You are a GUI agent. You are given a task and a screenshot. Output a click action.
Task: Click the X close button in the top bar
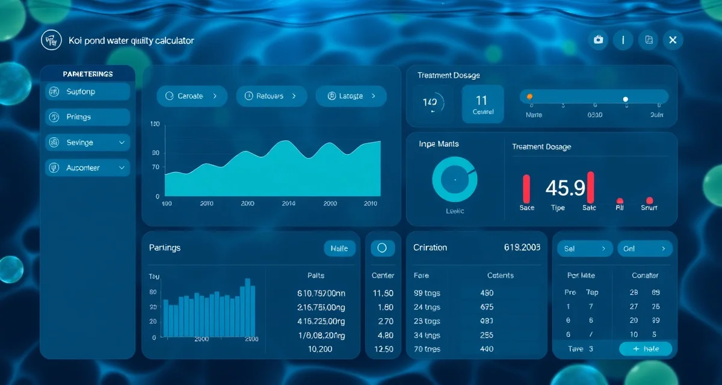673,40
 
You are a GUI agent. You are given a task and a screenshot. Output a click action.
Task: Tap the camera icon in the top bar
598,40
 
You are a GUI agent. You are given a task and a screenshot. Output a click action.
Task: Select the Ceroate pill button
192,96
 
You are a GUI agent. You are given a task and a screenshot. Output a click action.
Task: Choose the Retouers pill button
272,96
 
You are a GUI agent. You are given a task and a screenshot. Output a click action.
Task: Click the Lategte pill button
351,96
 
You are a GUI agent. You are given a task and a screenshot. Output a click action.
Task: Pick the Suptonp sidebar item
88,92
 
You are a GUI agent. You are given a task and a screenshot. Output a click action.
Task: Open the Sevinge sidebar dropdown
88,143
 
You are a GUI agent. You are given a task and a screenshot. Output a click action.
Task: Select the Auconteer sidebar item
88,168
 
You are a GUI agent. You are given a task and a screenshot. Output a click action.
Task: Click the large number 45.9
565,188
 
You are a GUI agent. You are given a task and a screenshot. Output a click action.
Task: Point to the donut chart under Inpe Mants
455,179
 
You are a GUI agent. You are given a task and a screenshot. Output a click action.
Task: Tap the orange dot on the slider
529,96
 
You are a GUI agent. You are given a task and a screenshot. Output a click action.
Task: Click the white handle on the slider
626,99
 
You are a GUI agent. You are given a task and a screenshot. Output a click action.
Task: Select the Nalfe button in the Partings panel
339,248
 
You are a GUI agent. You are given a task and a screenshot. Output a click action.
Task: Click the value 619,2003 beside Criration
521,247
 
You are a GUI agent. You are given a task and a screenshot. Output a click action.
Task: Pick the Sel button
585,248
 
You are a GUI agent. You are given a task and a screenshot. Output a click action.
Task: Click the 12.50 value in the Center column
383,349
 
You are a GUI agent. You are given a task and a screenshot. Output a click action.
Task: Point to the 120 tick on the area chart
155,125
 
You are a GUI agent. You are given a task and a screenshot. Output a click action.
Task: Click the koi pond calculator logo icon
51,40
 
